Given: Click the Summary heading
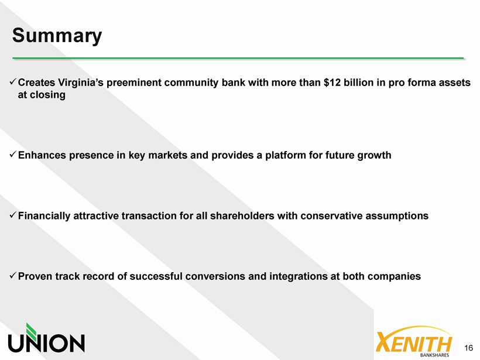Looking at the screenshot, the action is (57, 36).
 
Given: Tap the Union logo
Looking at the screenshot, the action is (46, 338).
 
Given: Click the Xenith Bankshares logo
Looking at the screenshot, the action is (414, 341).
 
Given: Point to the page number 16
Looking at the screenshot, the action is (469, 348).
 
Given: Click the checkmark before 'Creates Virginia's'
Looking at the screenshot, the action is (13, 82).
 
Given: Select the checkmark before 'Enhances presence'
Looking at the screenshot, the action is (13, 155).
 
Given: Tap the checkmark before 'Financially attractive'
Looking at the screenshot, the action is (13, 215).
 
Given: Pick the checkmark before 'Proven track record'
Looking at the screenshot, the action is (13, 276).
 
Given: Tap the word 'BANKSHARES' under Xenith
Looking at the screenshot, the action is (435, 355).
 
